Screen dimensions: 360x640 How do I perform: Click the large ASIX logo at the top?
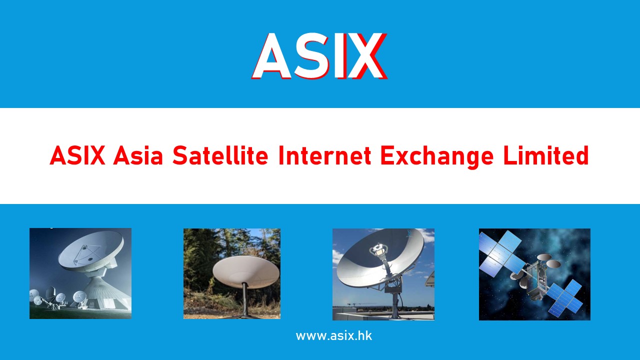click(319, 56)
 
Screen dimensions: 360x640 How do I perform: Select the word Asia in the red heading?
click(138, 156)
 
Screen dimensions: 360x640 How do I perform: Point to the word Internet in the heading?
click(324, 156)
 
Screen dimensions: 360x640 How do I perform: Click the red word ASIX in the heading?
click(77, 156)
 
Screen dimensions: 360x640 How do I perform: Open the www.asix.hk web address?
click(333, 335)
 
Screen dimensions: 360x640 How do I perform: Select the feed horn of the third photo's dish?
click(376, 248)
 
